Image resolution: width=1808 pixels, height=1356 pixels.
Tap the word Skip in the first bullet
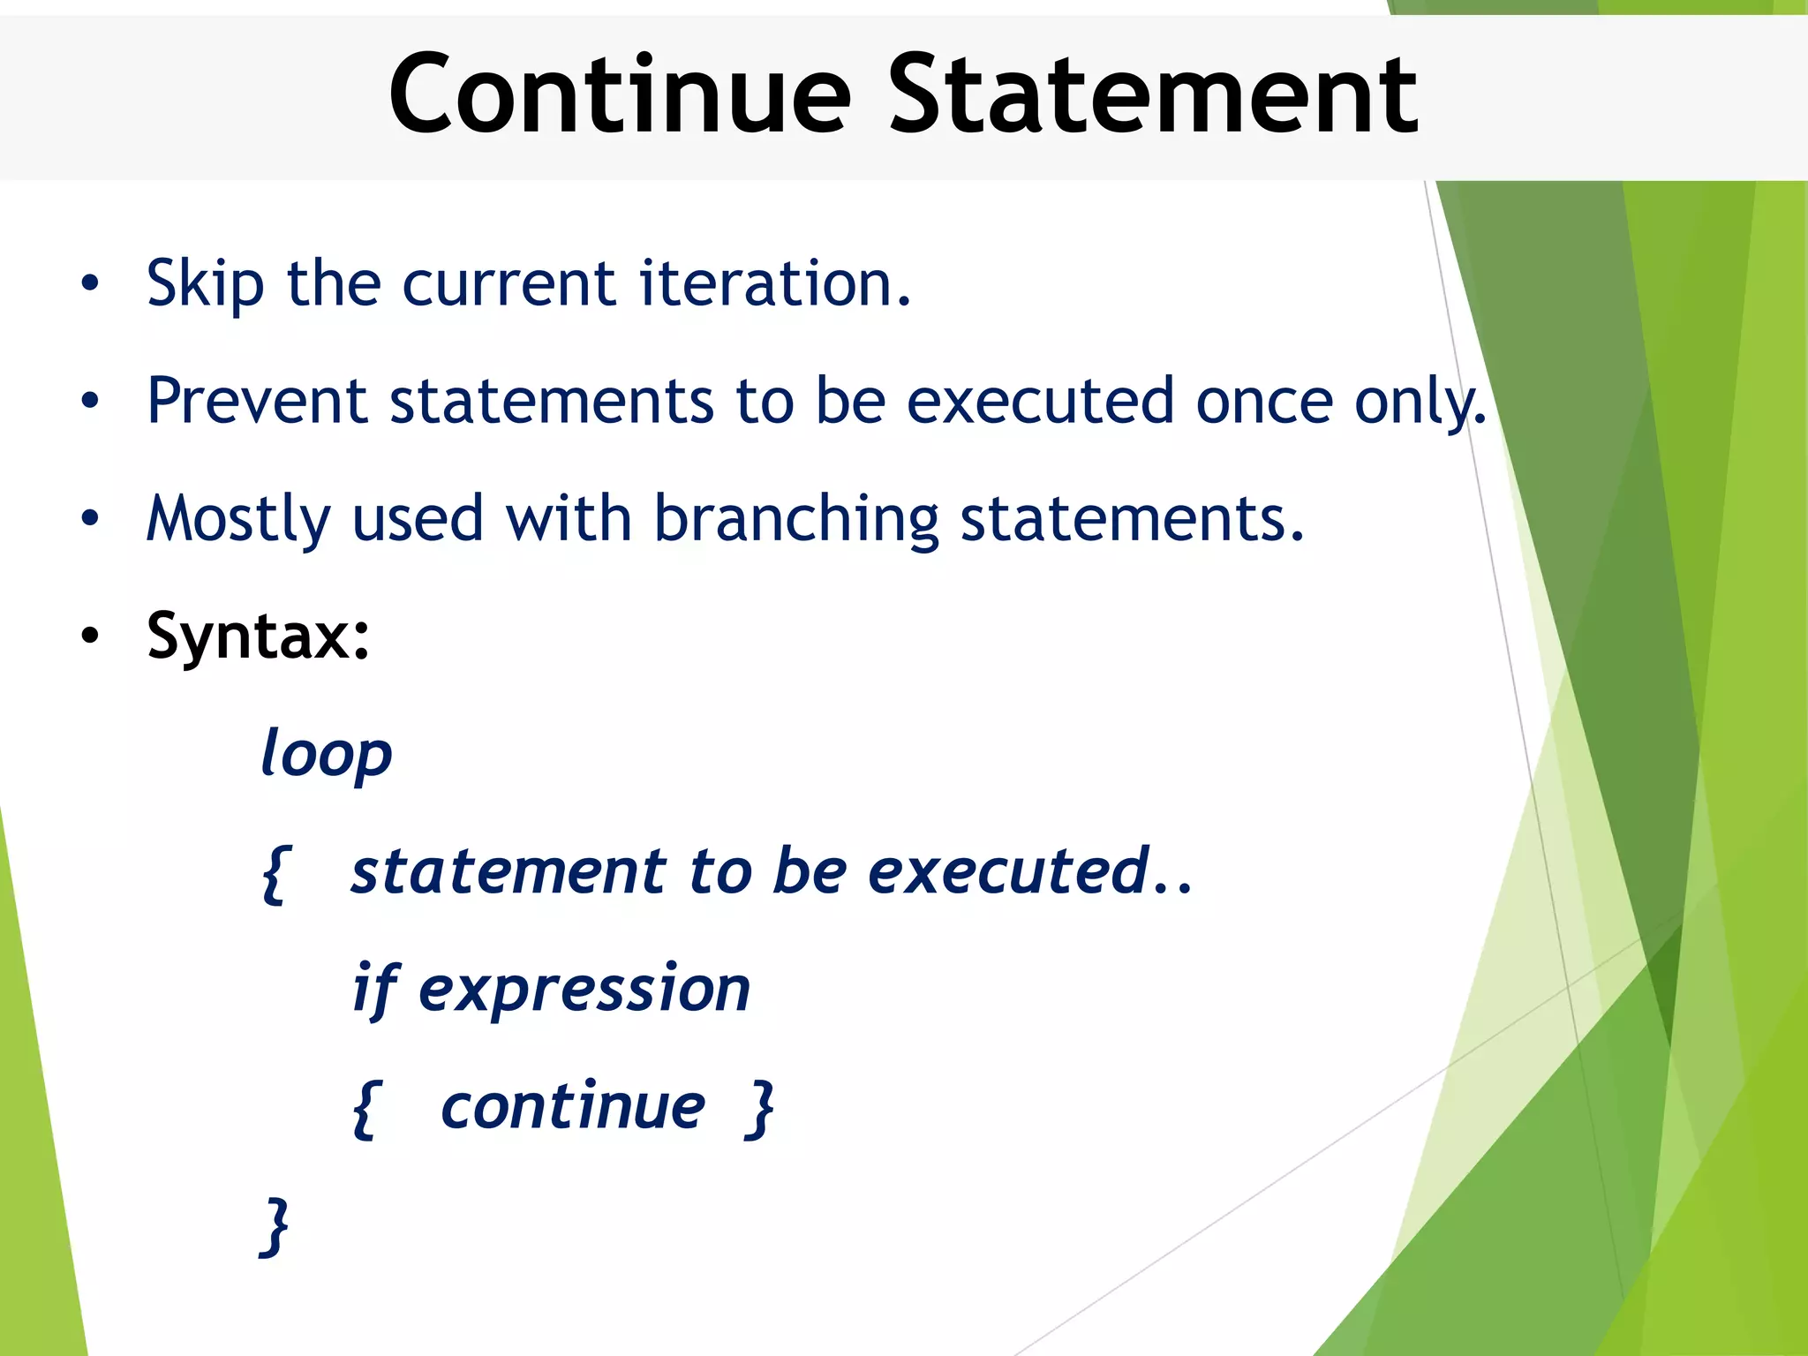pyautogui.click(x=205, y=285)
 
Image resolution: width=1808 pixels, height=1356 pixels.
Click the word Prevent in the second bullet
pyautogui.click(x=256, y=402)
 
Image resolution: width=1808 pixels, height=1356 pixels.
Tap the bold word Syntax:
pyautogui.click(x=258, y=637)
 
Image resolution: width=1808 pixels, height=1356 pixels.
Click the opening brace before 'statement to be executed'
pyautogui.click(x=275, y=873)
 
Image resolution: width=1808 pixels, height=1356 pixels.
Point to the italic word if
pyautogui.click(x=374, y=990)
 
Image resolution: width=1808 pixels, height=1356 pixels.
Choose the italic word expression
pyautogui.click(x=584, y=990)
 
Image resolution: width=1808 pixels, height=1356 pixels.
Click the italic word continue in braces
pyautogui.click(x=573, y=1107)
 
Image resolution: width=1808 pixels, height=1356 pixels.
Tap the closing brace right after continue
pyautogui.click(x=760, y=1109)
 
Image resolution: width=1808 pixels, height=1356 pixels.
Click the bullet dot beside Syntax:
pyautogui.click(x=90, y=636)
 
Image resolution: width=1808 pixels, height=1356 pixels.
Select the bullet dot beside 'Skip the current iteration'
pyautogui.click(x=90, y=284)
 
